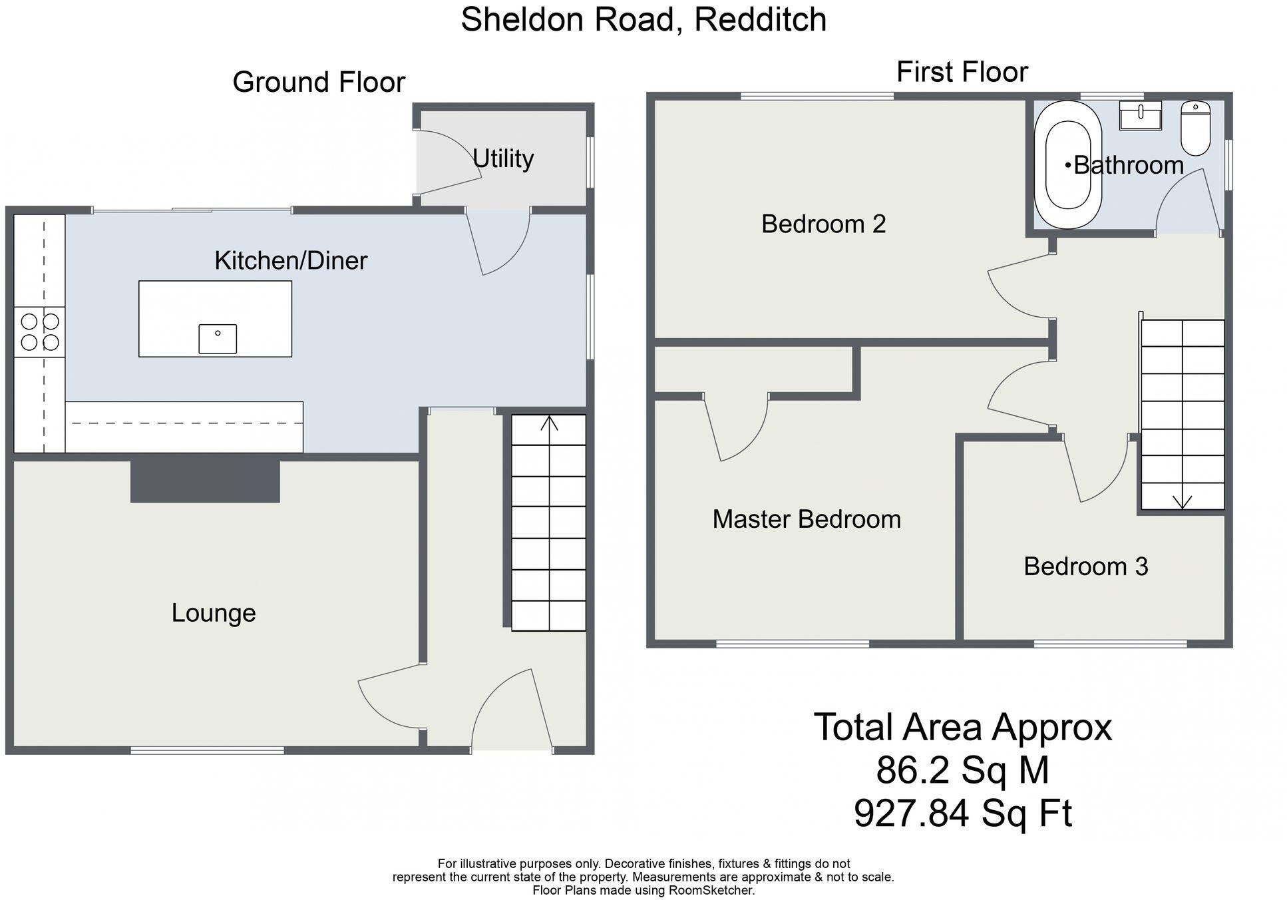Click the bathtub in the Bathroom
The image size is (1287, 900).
pos(1068,165)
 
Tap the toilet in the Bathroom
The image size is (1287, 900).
pos(1195,128)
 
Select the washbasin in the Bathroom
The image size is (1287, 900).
pos(1140,116)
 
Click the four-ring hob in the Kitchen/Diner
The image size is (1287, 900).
pos(40,332)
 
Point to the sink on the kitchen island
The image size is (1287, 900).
pos(218,339)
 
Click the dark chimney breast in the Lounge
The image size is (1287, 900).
pos(205,481)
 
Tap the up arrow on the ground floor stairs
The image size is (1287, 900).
pos(549,423)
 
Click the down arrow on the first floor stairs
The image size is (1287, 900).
pos(1182,501)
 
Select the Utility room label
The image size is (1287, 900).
pos(503,158)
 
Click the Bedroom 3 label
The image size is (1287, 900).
pos(1085,566)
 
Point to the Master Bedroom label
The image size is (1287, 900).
pos(807,519)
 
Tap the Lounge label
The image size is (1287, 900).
pos(214,613)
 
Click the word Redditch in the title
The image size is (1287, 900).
pos(760,19)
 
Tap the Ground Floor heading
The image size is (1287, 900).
pos(319,83)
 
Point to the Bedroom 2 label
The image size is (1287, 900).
pos(823,224)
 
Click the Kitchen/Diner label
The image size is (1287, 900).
pos(291,260)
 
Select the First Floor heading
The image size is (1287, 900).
pos(962,72)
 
